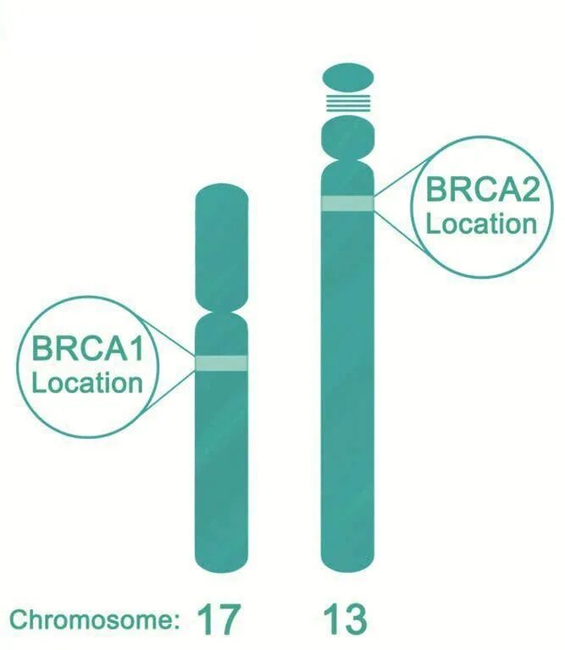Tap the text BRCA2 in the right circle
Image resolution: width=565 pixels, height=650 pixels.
pos(481,190)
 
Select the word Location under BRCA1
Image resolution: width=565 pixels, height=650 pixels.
pos(86,381)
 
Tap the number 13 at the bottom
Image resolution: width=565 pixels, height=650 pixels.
pos(346,619)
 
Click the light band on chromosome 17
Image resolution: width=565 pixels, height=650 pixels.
pos(221,363)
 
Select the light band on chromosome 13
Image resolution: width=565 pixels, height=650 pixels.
pos(347,203)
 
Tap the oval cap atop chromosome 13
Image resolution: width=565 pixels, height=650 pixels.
pos(347,77)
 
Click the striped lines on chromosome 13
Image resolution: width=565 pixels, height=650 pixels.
pos(347,103)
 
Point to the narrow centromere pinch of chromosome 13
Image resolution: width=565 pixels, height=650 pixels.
pos(347,159)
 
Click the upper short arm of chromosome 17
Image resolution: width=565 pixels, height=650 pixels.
pos(221,246)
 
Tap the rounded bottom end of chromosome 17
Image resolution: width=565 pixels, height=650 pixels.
pos(221,559)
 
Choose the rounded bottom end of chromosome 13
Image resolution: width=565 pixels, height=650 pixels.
pos(347,559)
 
